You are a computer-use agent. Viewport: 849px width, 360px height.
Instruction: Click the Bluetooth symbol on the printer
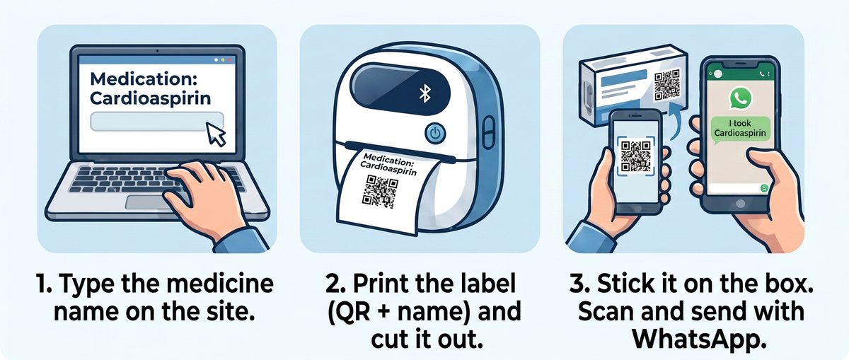click(425, 93)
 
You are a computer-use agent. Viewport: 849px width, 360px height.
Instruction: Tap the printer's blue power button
click(436, 133)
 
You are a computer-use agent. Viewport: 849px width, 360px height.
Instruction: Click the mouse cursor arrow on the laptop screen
click(215, 134)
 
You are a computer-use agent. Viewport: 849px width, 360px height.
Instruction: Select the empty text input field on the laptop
click(156, 121)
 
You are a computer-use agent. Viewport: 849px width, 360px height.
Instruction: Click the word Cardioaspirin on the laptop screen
click(151, 98)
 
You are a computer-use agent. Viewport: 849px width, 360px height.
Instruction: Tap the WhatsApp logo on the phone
click(740, 99)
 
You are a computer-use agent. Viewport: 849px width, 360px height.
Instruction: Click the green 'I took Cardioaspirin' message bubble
click(740, 129)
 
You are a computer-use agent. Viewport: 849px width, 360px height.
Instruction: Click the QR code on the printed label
click(380, 191)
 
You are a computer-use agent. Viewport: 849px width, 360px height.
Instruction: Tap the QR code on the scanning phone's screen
click(636, 156)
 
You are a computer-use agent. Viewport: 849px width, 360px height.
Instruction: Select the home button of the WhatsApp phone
click(740, 204)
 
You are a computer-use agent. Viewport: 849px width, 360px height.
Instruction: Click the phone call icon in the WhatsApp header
click(762, 74)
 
